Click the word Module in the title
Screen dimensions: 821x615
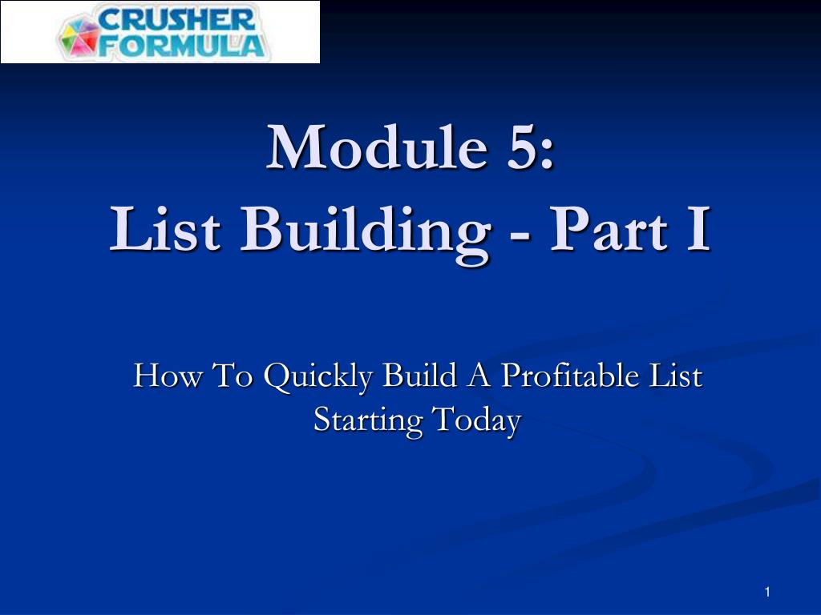tap(376, 147)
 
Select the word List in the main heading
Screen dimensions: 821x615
tap(164, 228)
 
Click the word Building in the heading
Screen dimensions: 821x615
tap(365, 234)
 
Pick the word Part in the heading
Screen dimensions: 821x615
tap(609, 228)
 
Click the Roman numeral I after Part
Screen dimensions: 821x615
tap(698, 228)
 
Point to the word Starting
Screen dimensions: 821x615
tap(368, 421)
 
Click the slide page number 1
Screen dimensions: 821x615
tap(767, 592)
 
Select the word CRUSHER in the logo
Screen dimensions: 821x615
tap(176, 19)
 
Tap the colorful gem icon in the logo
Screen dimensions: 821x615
tap(79, 35)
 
